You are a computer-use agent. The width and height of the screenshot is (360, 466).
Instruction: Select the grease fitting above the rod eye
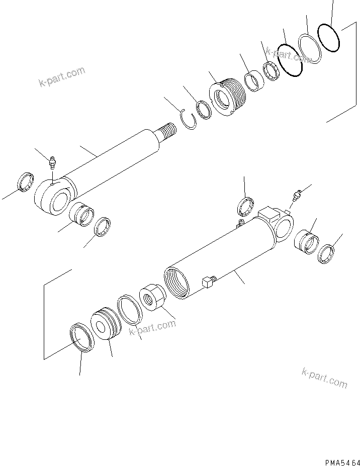(x=52, y=163)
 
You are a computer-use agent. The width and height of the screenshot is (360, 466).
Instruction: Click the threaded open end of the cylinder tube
(x=176, y=283)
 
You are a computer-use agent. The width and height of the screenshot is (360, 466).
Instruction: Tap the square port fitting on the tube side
(x=207, y=284)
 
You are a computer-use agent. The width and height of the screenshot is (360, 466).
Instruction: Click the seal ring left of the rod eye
(x=26, y=182)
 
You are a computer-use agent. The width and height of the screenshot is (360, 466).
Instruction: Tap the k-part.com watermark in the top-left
(x=62, y=77)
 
